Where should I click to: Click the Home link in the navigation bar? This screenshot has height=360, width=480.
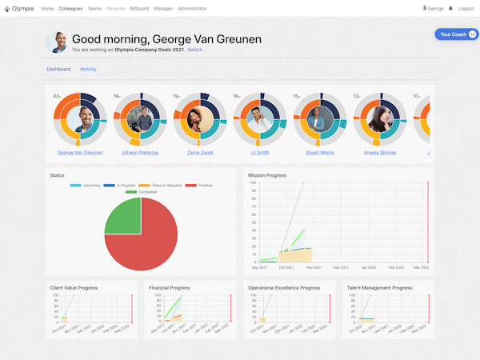point(47,8)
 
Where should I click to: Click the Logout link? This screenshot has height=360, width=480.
point(466,8)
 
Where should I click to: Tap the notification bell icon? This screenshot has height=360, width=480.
point(450,8)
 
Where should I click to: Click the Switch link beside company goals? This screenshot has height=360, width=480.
point(194,50)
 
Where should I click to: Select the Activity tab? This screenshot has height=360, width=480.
point(88,70)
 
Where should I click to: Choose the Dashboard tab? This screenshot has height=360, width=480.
point(58,70)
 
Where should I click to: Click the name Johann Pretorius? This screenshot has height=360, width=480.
point(139,152)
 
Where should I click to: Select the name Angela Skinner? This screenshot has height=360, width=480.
point(378,152)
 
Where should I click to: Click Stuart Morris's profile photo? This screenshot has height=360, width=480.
point(318,120)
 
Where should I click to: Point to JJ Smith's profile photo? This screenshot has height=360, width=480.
point(258,120)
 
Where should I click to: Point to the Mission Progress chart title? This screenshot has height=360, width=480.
point(267,174)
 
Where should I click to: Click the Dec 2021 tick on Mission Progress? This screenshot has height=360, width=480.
point(341,267)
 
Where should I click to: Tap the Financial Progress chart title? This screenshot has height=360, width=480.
point(170,288)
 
